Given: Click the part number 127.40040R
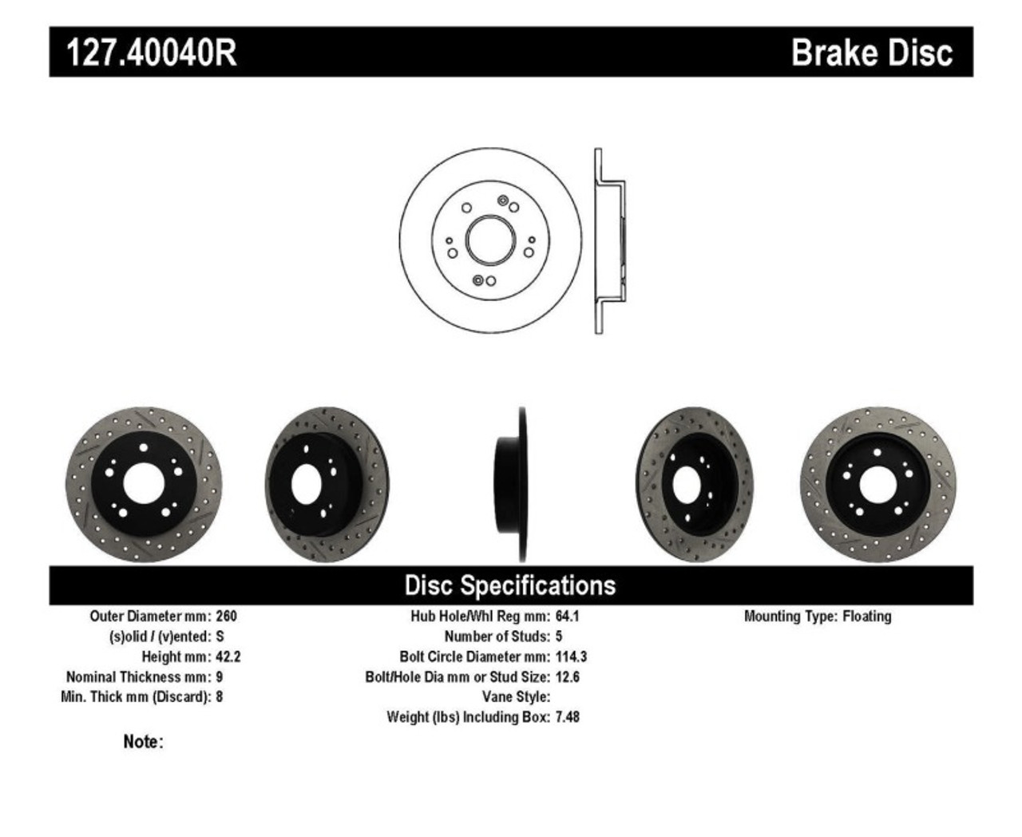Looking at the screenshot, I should [x=151, y=53].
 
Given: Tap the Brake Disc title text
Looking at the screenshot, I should [x=871, y=53].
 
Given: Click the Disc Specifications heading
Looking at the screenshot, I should [x=510, y=585].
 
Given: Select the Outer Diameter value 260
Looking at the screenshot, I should [x=226, y=617].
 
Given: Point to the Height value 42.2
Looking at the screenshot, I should [x=228, y=657].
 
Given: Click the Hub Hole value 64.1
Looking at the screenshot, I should [x=567, y=617].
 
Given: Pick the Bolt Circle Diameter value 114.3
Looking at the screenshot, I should [x=571, y=657].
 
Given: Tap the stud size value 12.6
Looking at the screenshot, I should [x=568, y=677].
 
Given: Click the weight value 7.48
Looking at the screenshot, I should [x=568, y=717].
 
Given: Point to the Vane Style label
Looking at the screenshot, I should [x=516, y=697].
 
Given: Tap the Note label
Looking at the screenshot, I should [x=143, y=742].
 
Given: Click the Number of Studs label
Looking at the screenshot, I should [x=497, y=637].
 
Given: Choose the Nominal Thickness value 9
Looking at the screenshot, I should [x=220, y=677].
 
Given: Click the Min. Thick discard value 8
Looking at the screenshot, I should [x=220, y=697].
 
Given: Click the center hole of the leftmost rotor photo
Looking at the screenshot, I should [x=144, y=484].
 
